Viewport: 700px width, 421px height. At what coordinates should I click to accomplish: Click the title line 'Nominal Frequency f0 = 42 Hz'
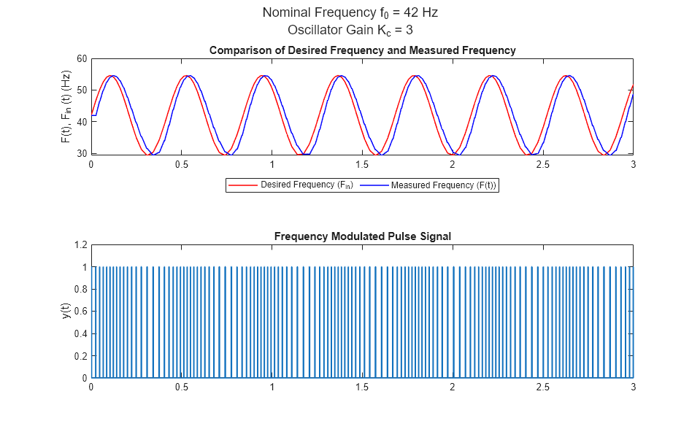point(350,12)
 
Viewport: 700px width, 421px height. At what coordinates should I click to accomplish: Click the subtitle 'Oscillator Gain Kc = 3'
point(350,30)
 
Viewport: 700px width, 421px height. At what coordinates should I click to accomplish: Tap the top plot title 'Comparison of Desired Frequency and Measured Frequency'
point(362,50)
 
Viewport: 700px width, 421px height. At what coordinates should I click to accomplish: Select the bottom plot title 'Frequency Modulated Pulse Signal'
point(362,236)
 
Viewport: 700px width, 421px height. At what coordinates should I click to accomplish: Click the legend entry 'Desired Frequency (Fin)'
point(307,185)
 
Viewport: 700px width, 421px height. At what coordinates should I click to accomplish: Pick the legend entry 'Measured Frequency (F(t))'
point(443,185)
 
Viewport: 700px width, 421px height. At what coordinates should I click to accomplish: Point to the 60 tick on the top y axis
point(82,59)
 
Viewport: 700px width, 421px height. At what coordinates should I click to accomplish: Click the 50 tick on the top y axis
point(82,90)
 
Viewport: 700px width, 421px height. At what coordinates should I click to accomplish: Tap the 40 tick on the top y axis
point(82,122)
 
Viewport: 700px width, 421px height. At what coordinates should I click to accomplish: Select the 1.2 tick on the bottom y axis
point(80,245)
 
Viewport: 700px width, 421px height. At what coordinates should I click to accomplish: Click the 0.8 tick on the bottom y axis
point(80,290)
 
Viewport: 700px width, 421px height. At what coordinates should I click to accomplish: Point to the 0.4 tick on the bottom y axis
point(80,334)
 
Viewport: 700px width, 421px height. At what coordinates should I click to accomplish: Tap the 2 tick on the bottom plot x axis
point(453,387)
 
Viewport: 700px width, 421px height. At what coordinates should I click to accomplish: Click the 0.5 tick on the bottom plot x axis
point(182,387)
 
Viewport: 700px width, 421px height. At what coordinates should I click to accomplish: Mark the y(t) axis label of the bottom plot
point(66,312)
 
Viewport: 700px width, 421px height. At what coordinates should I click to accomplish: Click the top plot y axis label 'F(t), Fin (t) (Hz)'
point(66,107)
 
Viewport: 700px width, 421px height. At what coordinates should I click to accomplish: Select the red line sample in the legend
point(244,185)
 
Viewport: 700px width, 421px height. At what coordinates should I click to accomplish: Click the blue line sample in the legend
point(374,185)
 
